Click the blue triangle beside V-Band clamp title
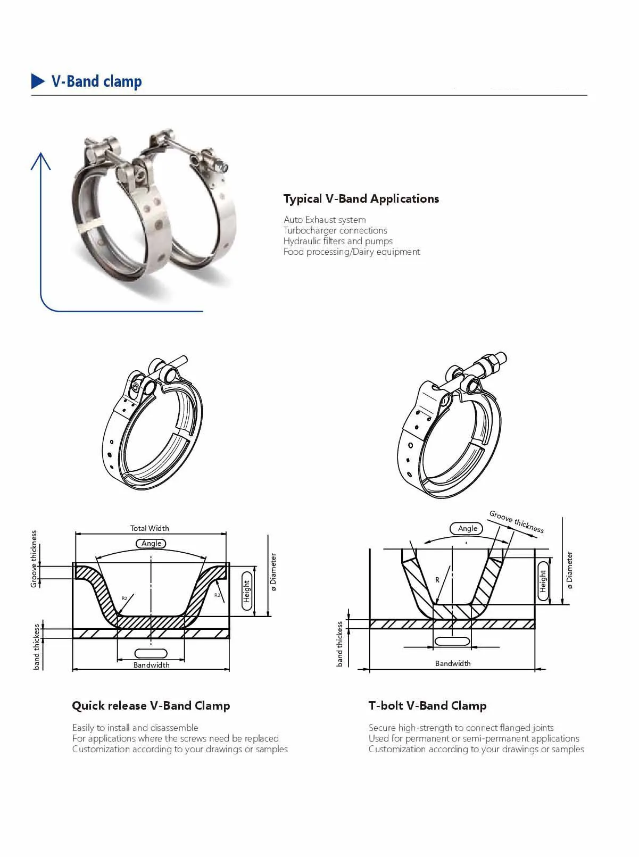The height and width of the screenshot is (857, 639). pos(38,81)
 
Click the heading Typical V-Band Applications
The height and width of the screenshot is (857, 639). pos(361,199)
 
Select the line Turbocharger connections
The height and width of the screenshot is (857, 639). pos(335,230)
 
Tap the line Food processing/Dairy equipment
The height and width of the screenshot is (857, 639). pos(352,252)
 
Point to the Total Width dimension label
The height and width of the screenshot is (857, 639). pos(150,528)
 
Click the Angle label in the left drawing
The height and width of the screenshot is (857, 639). pos(152,543)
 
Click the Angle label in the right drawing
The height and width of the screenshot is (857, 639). pos(467,528)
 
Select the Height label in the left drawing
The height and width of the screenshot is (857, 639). pos(247,591)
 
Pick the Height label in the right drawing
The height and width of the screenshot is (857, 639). pos(543,581)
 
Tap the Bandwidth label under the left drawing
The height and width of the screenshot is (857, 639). pos(152,665)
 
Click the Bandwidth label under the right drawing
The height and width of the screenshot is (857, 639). pos(453,663)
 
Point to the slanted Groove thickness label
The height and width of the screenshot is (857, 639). pos(517,522)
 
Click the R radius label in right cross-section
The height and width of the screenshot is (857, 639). pos(437,580)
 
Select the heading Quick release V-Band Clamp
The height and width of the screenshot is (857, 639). pos(151,706)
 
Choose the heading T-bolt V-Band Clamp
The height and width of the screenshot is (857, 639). pos(427,706)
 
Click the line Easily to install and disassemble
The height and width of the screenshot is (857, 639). pos(135,728)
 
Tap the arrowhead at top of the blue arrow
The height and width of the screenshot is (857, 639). pos(40,160)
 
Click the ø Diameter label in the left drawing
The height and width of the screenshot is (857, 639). pos(273,572)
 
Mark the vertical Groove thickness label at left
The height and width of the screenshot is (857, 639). pos(34,559)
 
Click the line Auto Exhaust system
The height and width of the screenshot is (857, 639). pos(325,220)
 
